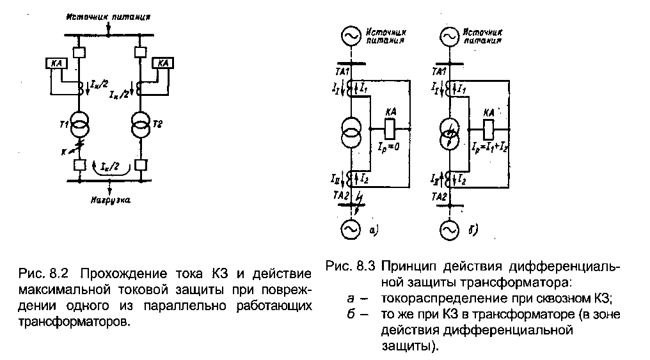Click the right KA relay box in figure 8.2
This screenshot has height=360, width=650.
(162, 63)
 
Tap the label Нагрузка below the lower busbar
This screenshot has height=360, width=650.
(111, 200)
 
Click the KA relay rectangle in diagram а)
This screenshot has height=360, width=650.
(390, 125)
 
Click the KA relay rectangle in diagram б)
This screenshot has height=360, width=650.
(488, 127)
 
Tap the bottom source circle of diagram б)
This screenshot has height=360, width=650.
(447, 229)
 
